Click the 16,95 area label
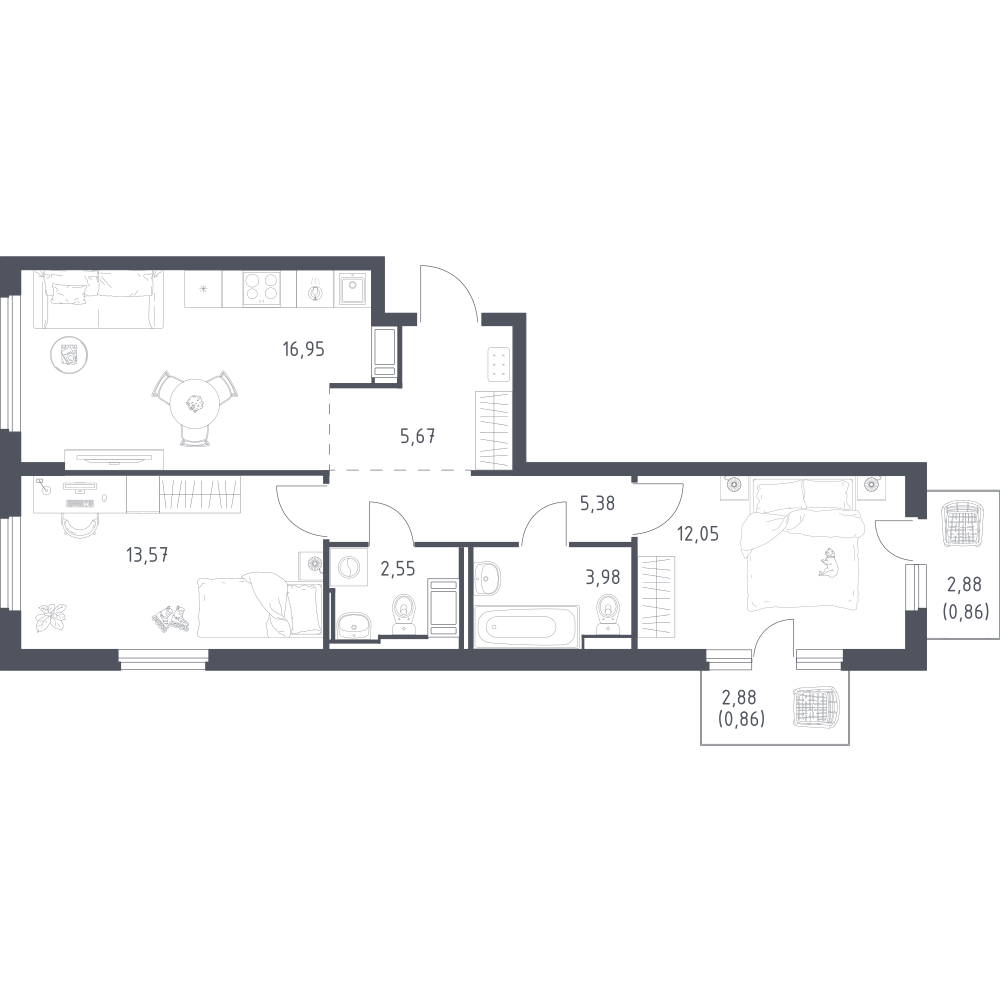[304, 349]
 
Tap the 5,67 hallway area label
[418, 436]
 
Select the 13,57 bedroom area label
[147, 555]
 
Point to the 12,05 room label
[698, 533]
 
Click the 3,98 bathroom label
[603, 577]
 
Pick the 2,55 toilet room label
[397, 568]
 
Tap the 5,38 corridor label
[598, 504]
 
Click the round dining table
[195, 404]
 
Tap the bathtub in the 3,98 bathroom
[526, 626]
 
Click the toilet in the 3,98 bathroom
[608, 615]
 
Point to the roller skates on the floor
[171, 617]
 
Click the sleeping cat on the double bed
[829, 562]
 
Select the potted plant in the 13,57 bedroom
[50, 617]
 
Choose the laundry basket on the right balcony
[964, 523]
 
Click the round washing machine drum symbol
[349, 567]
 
